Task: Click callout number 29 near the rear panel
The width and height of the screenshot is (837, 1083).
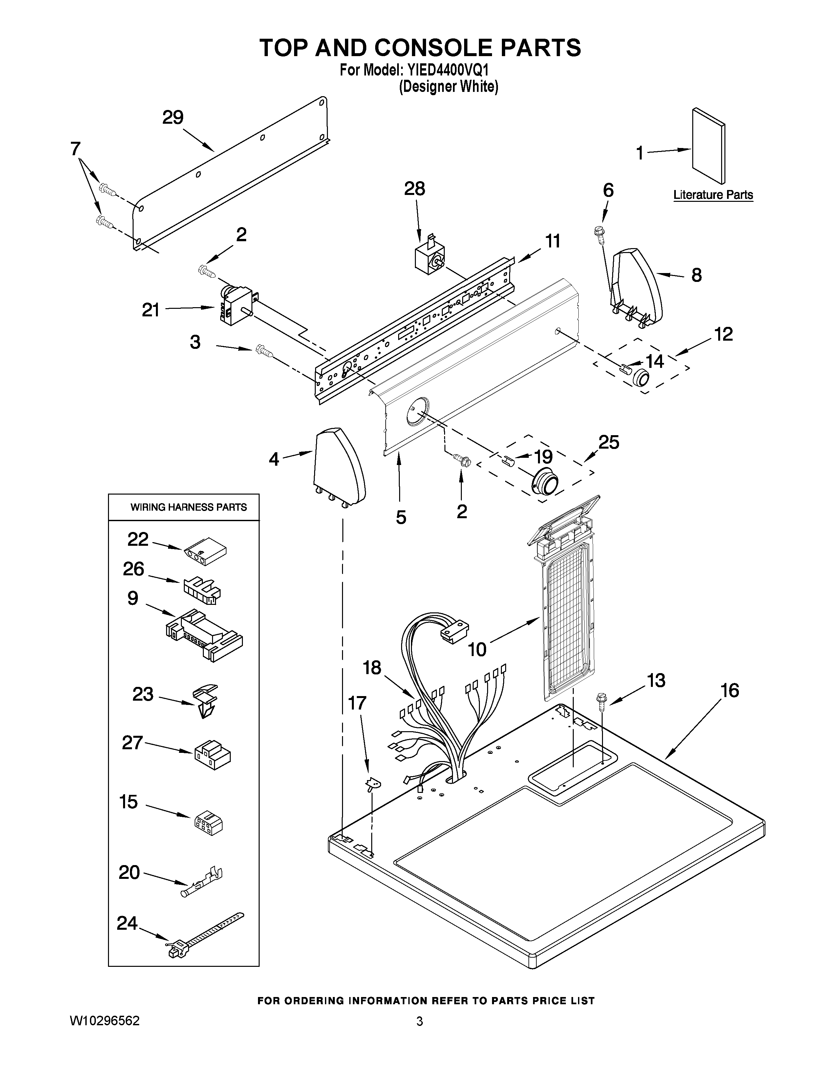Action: tap(173, 117)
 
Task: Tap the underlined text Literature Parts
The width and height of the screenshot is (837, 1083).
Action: tap(713, 195)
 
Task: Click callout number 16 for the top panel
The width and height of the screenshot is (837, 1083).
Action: tap(729, 690)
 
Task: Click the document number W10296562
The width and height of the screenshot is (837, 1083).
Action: tap(105, 1021)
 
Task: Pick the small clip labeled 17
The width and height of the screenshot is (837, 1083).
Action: tap(373, 783)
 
